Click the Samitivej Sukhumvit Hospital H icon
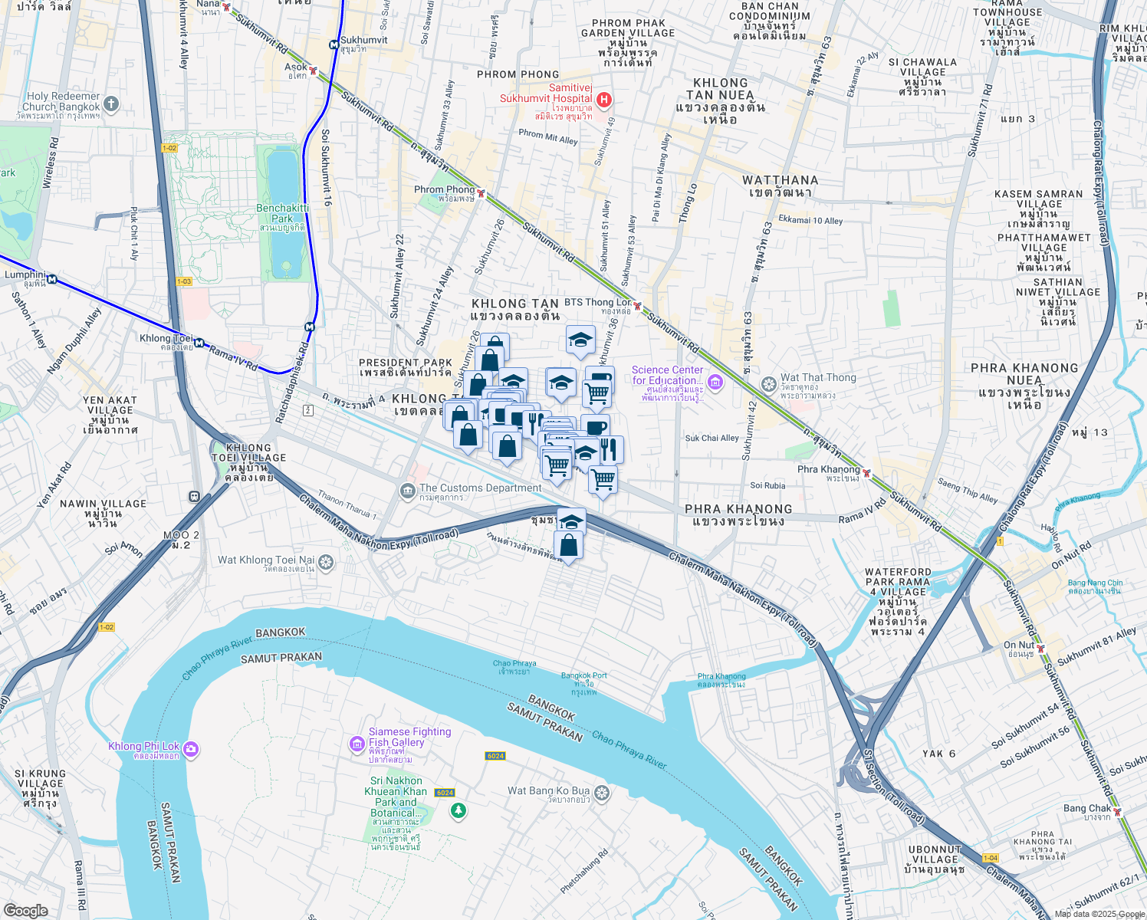604,100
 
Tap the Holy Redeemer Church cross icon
111,103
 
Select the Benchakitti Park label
283,213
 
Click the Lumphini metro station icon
51,279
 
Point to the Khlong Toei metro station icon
199,343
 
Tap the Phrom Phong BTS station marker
481,193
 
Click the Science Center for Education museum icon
715,382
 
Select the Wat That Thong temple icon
768,383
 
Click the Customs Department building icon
407,490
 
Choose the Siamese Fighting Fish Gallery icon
357,744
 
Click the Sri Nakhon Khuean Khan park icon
458,810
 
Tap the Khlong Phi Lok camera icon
191,749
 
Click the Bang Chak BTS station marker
1118,812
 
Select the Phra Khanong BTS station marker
866,473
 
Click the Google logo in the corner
26,910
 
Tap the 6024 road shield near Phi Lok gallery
495,756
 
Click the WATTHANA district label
780,180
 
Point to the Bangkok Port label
583,676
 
